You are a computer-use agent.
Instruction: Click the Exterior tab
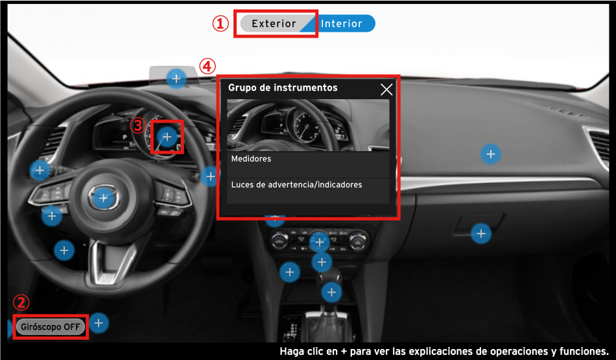274,23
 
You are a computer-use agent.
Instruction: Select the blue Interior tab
341,23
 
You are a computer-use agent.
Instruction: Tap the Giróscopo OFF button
51,326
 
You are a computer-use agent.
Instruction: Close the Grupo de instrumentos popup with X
386,90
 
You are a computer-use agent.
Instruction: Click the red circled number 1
220,23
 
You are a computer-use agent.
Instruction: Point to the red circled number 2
21,303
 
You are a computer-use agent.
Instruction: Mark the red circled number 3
138,126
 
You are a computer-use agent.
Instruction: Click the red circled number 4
207,66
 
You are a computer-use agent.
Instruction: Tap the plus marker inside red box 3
167,137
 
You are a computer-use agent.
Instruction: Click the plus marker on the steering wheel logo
103,198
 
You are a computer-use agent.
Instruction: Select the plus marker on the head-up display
176,78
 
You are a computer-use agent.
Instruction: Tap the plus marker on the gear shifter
331,292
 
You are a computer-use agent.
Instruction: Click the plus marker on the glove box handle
481,234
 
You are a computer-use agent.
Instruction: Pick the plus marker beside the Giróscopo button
99,323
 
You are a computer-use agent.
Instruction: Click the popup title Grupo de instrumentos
283,88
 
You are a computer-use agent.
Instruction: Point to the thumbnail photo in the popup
308,125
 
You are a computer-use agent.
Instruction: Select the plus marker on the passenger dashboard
491,154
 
